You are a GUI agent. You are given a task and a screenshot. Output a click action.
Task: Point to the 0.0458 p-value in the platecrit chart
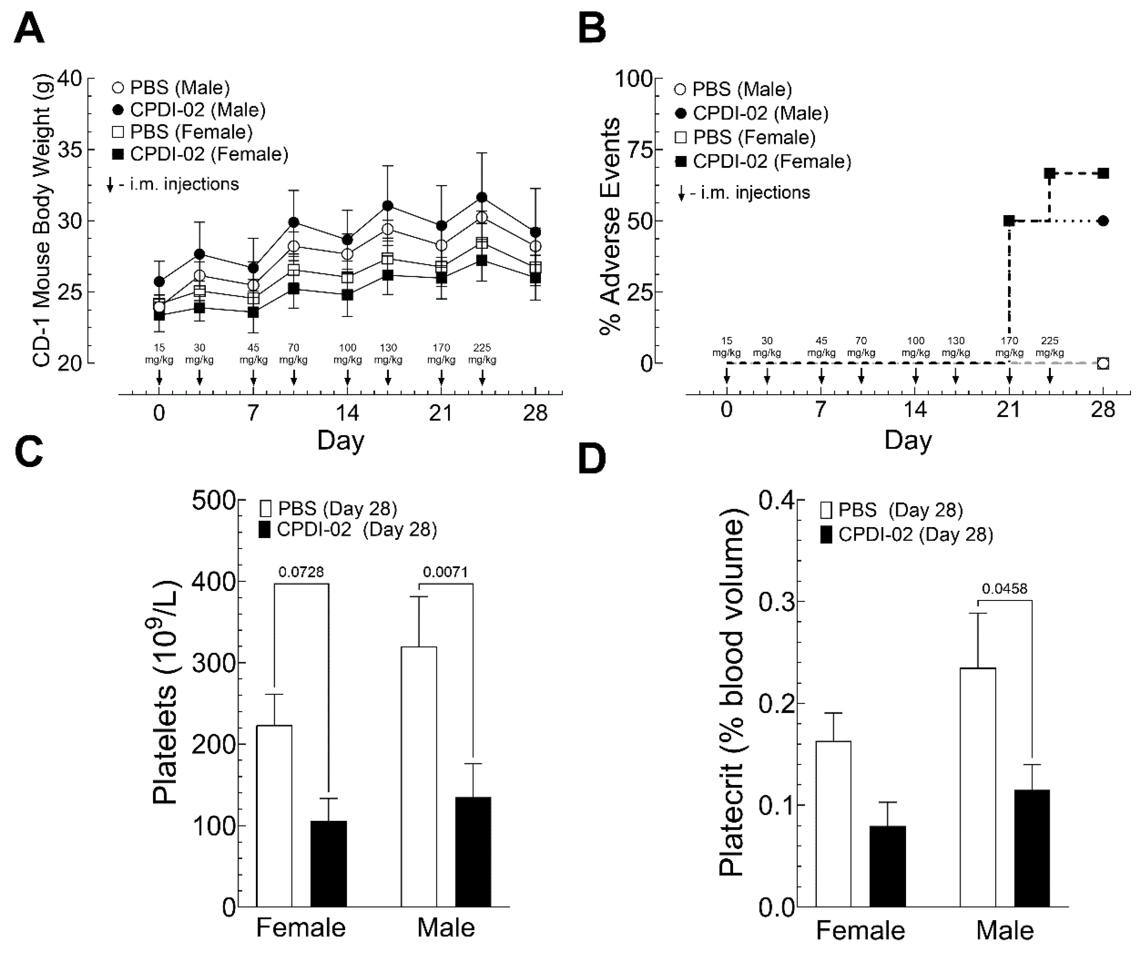point(1004,589)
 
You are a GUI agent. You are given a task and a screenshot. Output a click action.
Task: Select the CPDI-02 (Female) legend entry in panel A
point(200,154)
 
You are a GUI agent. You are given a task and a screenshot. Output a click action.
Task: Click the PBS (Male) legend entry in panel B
point(733,89)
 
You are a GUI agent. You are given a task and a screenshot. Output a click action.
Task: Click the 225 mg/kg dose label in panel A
point(482,354)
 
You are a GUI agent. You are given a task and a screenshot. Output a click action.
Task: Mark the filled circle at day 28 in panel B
point(1103,221)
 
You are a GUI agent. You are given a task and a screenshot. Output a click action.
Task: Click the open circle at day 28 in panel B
point(1103,363)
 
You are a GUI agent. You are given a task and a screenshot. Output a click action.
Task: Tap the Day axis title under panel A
point(341,440)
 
